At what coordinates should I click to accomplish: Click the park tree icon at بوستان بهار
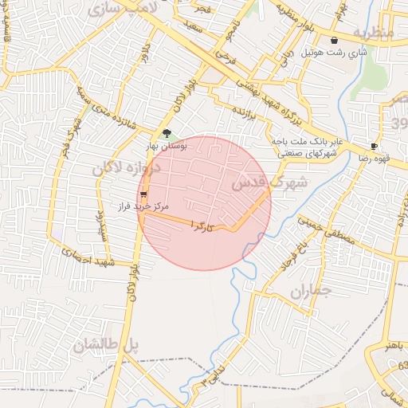[167, 134]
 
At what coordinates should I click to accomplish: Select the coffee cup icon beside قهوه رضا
[374, 147]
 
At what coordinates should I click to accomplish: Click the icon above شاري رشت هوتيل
[334, 39]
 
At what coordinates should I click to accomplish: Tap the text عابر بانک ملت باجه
[306, 141]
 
